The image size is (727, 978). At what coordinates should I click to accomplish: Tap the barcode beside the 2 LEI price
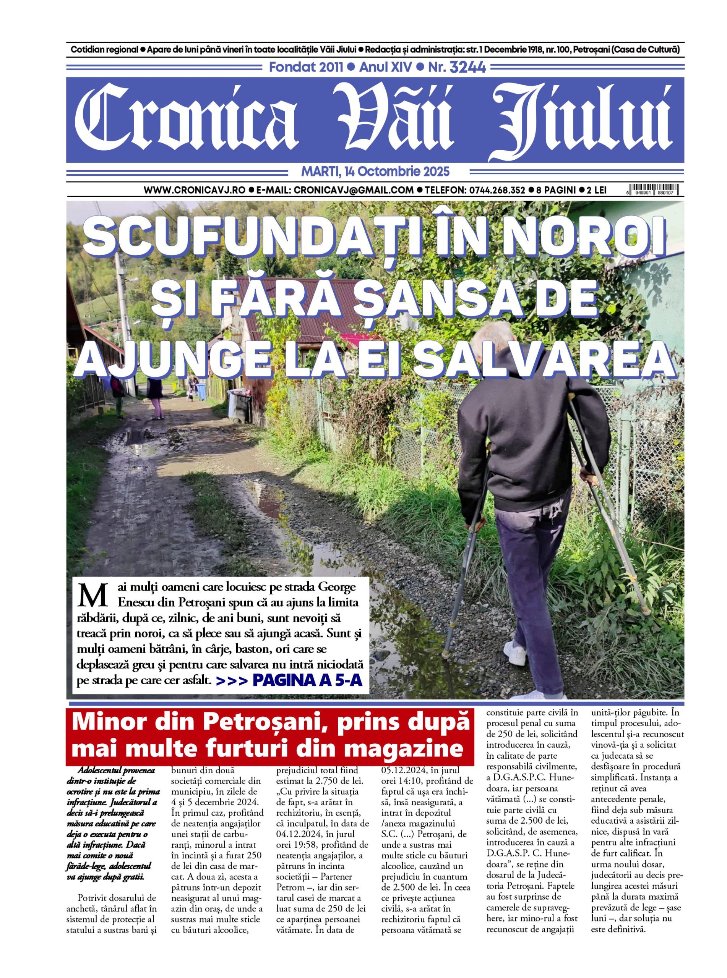tap(652, 189)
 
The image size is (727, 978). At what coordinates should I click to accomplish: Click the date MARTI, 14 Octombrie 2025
tap(375, 171)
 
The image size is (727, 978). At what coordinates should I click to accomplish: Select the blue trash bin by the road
tap(201, 391)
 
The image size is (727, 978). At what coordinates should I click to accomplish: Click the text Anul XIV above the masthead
tap(386, 67)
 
